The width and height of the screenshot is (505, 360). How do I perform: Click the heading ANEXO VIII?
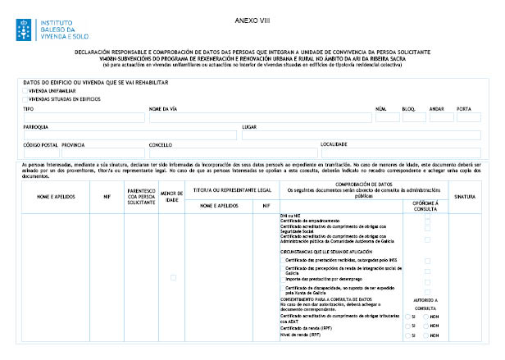pos(252,18)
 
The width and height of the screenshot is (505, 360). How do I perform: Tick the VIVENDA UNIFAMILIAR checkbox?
pos(25,91)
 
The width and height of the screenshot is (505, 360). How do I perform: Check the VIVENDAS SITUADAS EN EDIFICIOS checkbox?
pos(25,98)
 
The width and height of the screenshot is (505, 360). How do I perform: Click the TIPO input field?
pos(83,116)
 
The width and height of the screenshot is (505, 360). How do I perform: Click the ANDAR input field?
pos(441,116)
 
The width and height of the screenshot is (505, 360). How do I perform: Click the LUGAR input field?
pos(361,135)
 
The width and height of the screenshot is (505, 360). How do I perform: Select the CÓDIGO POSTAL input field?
pos(40,153)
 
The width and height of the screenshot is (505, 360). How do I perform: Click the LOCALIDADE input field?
pos(401,153)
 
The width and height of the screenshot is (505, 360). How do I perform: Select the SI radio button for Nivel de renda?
pos(408,335)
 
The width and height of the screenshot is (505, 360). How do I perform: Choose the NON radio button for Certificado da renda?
pos(426,326)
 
